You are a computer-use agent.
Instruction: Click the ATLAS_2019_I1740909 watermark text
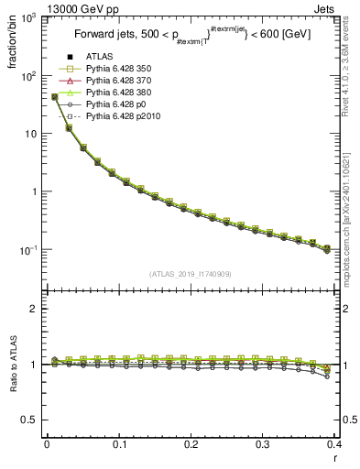point(191,274)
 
